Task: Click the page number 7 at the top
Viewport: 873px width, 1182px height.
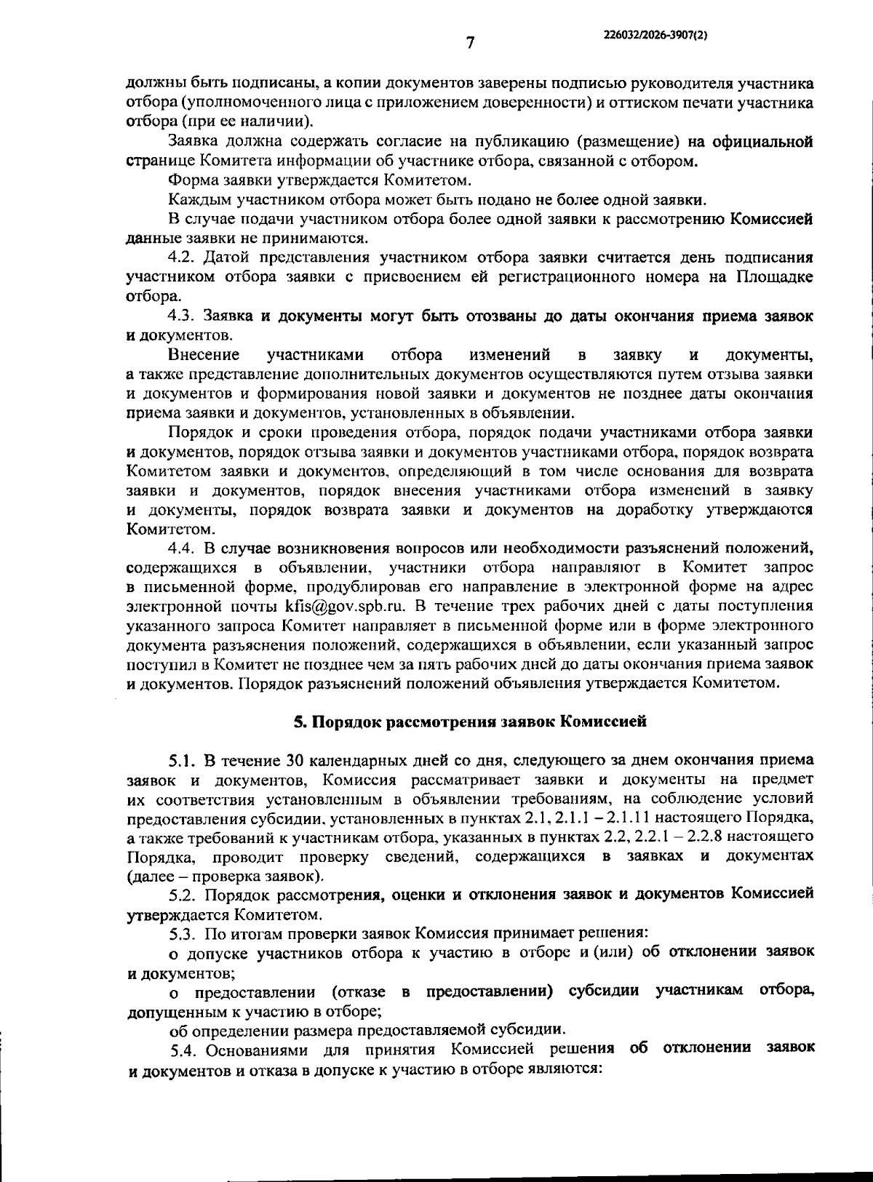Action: [470, 43]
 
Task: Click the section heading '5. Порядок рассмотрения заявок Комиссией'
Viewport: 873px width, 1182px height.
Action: [470, 722]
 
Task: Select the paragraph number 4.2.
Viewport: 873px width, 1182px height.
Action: [182, 257]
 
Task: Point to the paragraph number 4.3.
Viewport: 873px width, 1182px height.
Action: [182, 316]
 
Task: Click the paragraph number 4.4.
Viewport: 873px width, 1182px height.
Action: [182, 548]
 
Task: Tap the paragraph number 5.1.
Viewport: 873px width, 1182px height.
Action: [183, 761]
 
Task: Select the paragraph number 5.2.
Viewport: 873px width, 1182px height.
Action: [183, 893]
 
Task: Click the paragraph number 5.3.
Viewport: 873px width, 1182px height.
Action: [183, 932]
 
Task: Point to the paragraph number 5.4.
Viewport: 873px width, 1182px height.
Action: [184, 1050]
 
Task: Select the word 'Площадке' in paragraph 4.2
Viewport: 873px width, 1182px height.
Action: [775, 276]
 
